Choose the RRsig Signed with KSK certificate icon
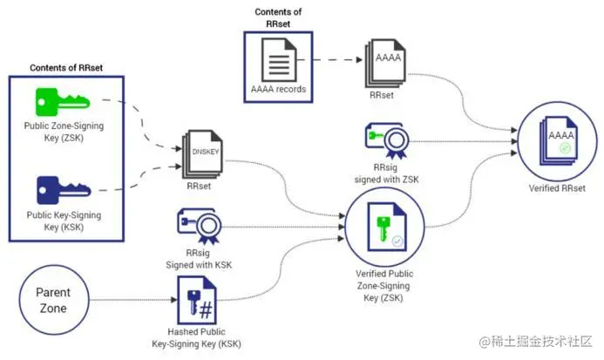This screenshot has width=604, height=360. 201,225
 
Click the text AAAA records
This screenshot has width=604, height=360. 279,90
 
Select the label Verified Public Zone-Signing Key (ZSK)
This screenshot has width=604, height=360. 383,285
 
